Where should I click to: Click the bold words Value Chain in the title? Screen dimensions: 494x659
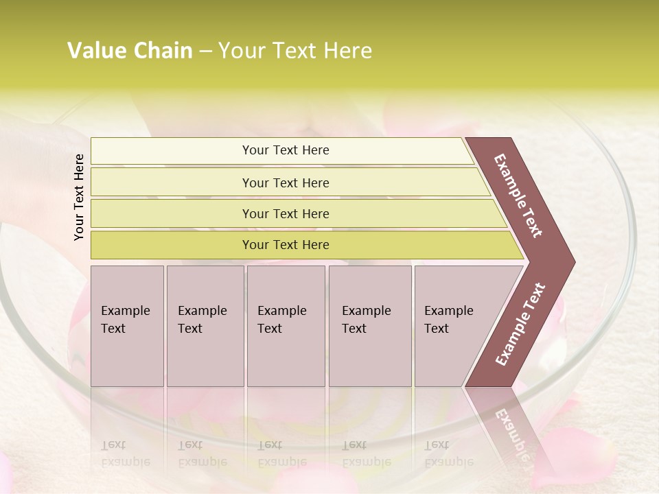tap(130, 51)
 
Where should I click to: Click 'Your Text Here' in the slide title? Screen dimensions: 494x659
tap(295, 51)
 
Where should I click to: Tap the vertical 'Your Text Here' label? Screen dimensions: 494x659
tap(79, 197)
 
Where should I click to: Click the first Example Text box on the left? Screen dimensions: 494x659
tap(127, 326)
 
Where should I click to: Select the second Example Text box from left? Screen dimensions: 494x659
tap(205, 326)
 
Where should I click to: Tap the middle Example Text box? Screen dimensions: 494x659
tap(286, 326)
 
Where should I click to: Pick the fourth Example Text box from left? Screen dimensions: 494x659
tap(370, 326)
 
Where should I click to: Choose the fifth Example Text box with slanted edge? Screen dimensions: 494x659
tap(453, 326)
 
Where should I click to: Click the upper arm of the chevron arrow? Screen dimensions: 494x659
tap(519, 196)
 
